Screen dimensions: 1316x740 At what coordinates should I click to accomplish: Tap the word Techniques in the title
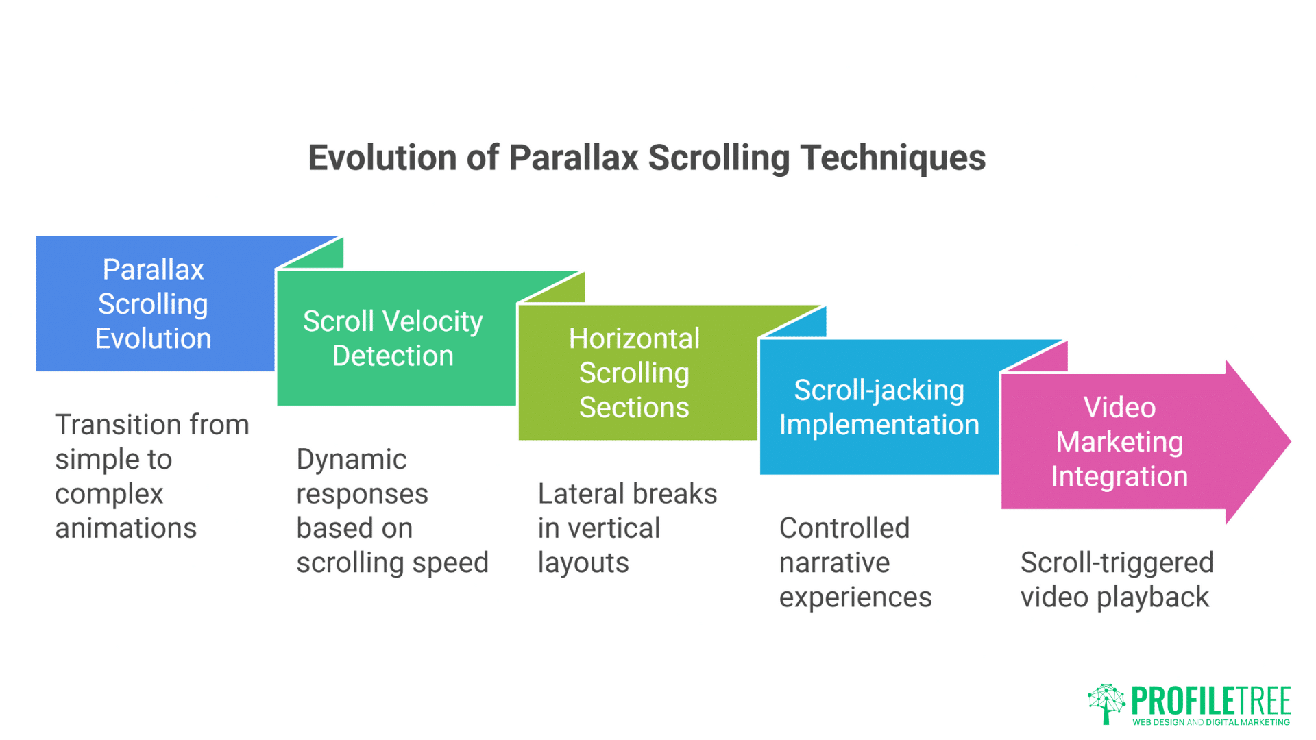pyautogui.click(x=893, y=159)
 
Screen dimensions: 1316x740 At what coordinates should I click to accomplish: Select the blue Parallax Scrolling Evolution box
pyautogui.click(x=155, y=304)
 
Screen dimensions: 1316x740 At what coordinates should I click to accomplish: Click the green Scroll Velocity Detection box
pyautogui.click(x=396, y=338)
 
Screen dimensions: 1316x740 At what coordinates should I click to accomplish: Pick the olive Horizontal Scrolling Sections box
pyautogui.click(x=637, y=372)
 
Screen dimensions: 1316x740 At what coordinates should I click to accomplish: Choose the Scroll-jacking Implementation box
pyautogui.click(x=879, y=407)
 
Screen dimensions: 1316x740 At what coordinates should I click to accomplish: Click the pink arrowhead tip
pyautogui.click(x=1291, y=442)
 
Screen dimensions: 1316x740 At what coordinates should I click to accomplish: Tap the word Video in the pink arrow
pyautogui.click(x=1119, y=407)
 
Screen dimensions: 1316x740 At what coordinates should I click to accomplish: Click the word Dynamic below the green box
pyautogui.click(x=352, y=459)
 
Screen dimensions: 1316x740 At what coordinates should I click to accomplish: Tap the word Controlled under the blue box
pyautogui.click(x=844, y=528)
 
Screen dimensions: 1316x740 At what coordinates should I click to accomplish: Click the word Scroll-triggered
pyautogui.click(x=1117, y=563)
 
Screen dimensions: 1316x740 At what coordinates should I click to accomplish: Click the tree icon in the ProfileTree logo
pyautogui.click(x=1106, y=703)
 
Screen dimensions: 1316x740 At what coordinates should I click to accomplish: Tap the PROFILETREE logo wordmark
pyautogui.click(x=1211, y=701)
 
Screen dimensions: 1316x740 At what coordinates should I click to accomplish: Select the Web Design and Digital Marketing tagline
pyautogui.click(x=1211, y=722)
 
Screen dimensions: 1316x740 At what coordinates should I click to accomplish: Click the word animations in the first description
pyautogui.click(x=126, y=528)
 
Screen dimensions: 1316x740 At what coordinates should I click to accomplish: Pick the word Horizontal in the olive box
pyautogui.click(x=635, y=338)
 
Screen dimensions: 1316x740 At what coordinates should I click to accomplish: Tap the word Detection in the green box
pyautogui.click(x=393, y=356)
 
